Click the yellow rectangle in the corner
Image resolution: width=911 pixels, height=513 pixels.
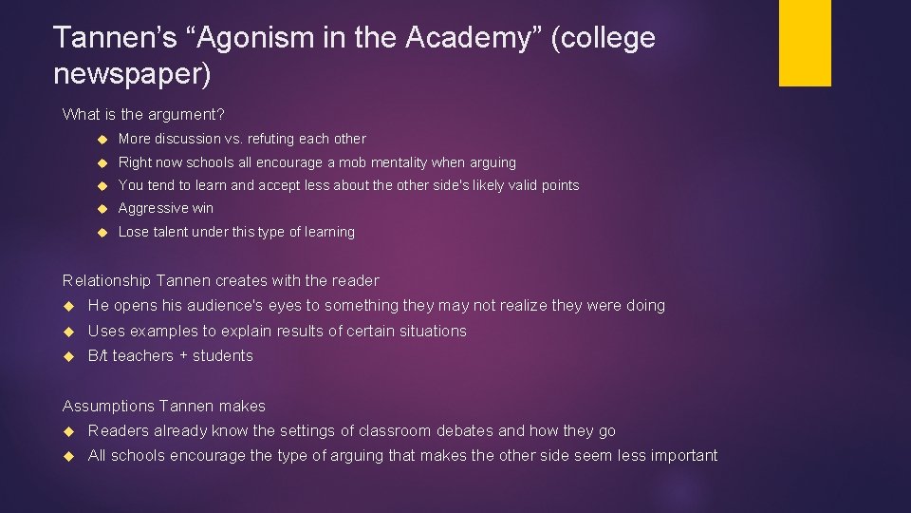click(805, 43)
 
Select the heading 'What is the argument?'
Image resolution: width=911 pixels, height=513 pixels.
click(143, 114)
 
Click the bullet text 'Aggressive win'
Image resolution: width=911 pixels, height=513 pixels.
click(166, 208)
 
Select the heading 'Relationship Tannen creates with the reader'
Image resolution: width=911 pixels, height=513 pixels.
click(220, 280)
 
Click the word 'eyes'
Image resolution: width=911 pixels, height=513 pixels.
click(299, 306)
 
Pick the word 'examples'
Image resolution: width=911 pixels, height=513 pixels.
click(165, 331)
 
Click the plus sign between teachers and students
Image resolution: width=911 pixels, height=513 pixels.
click(184, 356)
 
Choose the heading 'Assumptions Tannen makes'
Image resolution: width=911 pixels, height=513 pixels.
click(164, 406)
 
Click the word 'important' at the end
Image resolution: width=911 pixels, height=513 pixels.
click(681, 456)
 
